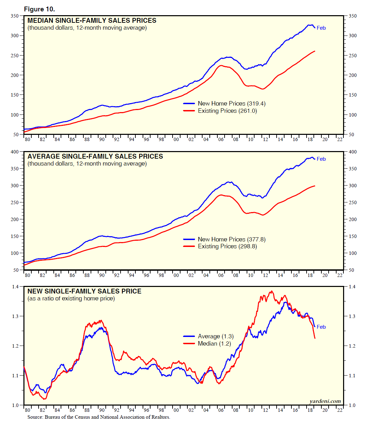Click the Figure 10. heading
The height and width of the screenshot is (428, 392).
pyautogui.click(x=39, y=9)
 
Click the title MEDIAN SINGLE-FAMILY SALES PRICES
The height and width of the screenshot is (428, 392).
pyautogui.click(x=92, y=21)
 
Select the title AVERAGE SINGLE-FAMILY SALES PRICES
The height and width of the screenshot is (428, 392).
pyautogui.click(x=95, y=157)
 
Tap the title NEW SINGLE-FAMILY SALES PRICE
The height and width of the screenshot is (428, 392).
pyautogui.click(x=84, y=291)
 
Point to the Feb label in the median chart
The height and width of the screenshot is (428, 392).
pyautogui.click(x=321, y=28)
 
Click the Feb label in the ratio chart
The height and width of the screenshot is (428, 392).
pyautogui.click(x=321, y=327)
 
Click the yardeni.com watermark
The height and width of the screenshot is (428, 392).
pyautogui.click(x=325, y=401)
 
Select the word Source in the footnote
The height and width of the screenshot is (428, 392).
pyautogui.click(x=35, y=417)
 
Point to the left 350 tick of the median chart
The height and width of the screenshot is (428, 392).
pyautogui.click(x=15, y=16)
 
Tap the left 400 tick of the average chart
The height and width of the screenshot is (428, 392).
pyautogui.click(x=15, y=152)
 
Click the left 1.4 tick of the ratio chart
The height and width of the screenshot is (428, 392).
pyautogui.click(x=16, y=287)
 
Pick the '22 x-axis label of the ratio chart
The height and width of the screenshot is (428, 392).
pyautogui.click(x=340, y=410)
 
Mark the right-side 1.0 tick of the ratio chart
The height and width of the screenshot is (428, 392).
pyautogui.click(x=352, y=405)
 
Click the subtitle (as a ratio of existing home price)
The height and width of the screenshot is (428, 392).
pyautogui.click(x=71, y=299)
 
